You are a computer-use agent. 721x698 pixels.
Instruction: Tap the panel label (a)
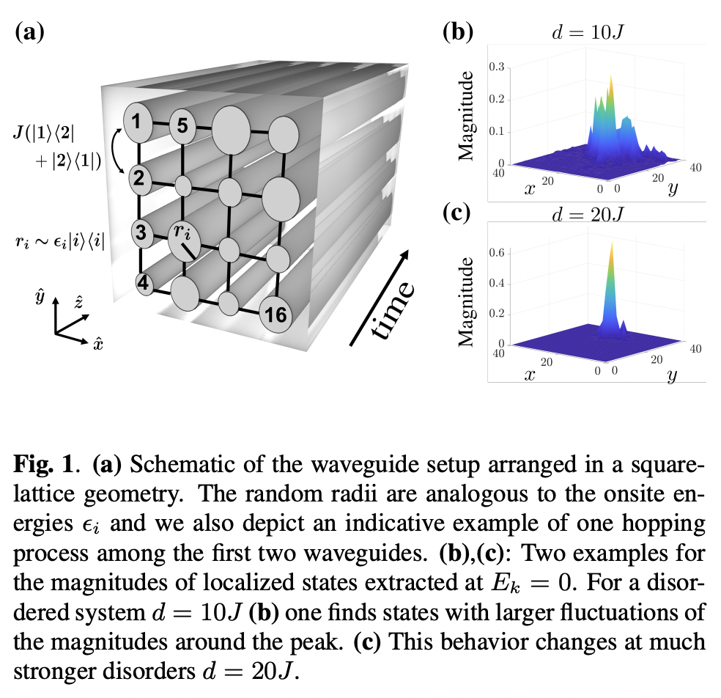30,32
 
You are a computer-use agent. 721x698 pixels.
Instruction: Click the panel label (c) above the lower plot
459,213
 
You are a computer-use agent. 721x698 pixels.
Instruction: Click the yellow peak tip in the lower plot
610,244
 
